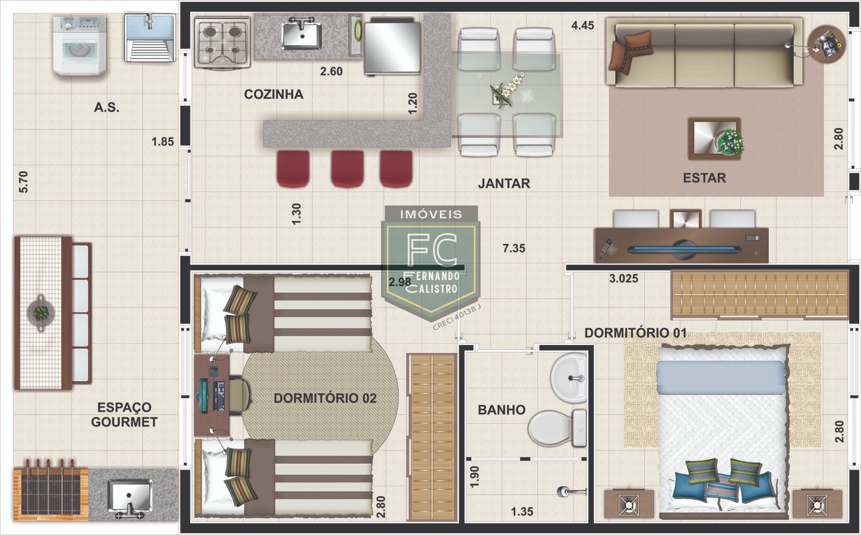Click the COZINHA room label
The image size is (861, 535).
pyautogui.click(x=274, y=94)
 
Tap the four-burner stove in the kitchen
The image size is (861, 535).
pyautogui.click(x=223, y=42)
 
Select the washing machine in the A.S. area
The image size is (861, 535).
pyautogui.click(x=80, y=45)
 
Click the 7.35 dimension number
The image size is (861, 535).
pyautogui.click(x=514, y=248)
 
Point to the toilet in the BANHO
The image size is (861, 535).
pyautogui.click(x=558, y=428)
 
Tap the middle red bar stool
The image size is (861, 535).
pyautogui.click(x=347, y=169)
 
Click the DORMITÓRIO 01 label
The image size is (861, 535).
pyautogui.click(x=636, y=333)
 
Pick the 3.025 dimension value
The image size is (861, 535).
pyautogui.click(x=624, y=278)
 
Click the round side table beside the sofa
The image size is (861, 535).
pyautogui.click(x=827, y=44)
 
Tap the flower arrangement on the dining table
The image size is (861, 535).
pyautogui.click(x=506, y=91)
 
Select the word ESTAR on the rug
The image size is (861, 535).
pyautogui.click(x=704, y=178)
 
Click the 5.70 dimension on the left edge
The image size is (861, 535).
pyautogui.click(x=23, y=182)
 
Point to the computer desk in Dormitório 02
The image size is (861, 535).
pyautogui.click(x=212, y=395)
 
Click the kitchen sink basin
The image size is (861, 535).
pyautogui.click(x=302, y=34)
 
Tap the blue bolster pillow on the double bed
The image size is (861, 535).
pyautogui.click(x=720, y=377)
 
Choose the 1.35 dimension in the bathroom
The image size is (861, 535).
pyautogui.click(x=522, y=512)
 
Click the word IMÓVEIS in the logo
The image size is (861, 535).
pyautogui.click(x=431, y=214)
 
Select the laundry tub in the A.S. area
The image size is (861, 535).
pyautogui.click(x=150, y=37)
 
